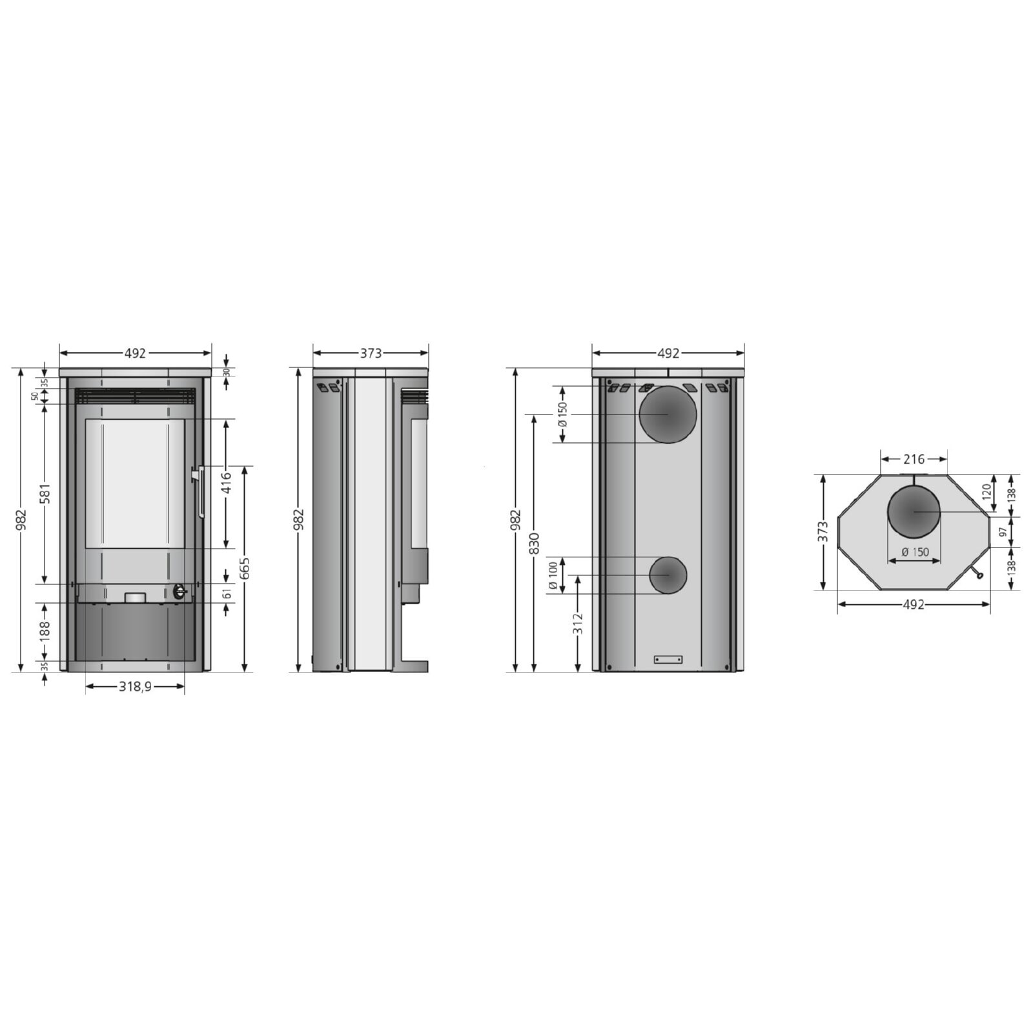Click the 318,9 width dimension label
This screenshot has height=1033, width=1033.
(x=135, y=686)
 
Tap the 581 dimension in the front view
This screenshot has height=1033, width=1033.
(x=45, y=493)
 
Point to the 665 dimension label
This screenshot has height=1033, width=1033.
(x=244, y=568)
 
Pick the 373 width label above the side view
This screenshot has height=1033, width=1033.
(x=371, y=353)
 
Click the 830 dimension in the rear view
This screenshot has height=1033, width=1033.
(x=534, y=544)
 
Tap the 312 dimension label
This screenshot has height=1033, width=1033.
(x=578, y=623)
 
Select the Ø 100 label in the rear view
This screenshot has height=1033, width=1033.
(x=553, y=576)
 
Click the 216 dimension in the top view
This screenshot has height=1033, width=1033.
(x=914, y=459)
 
